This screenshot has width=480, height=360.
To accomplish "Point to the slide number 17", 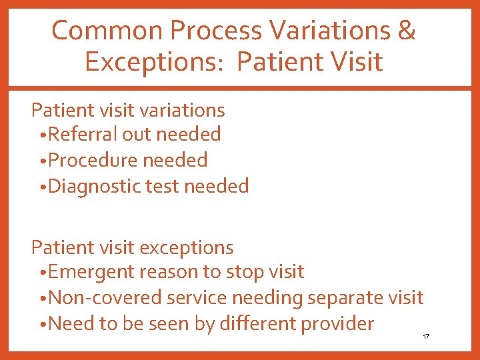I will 426,337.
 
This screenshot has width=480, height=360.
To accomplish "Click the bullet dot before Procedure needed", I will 43,161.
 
